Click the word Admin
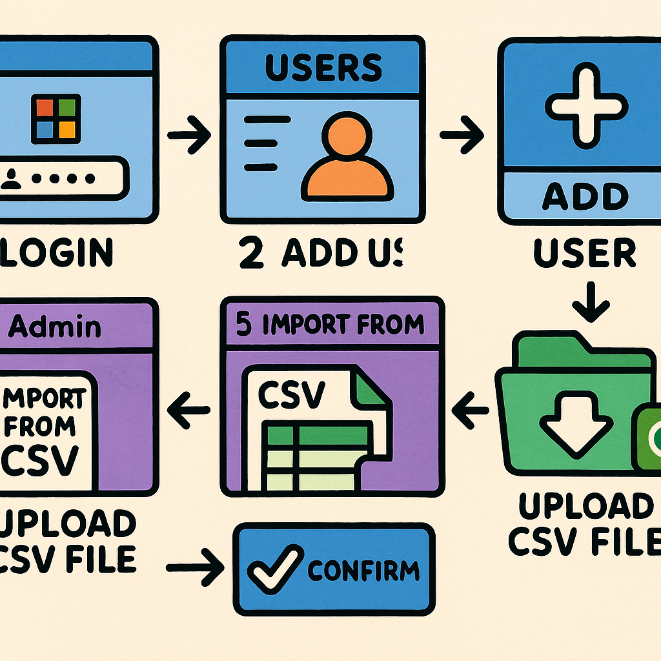click(x=55, y=327)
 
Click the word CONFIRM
click(x=363, y=570)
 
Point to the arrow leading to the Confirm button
click(x=194, y=568)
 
